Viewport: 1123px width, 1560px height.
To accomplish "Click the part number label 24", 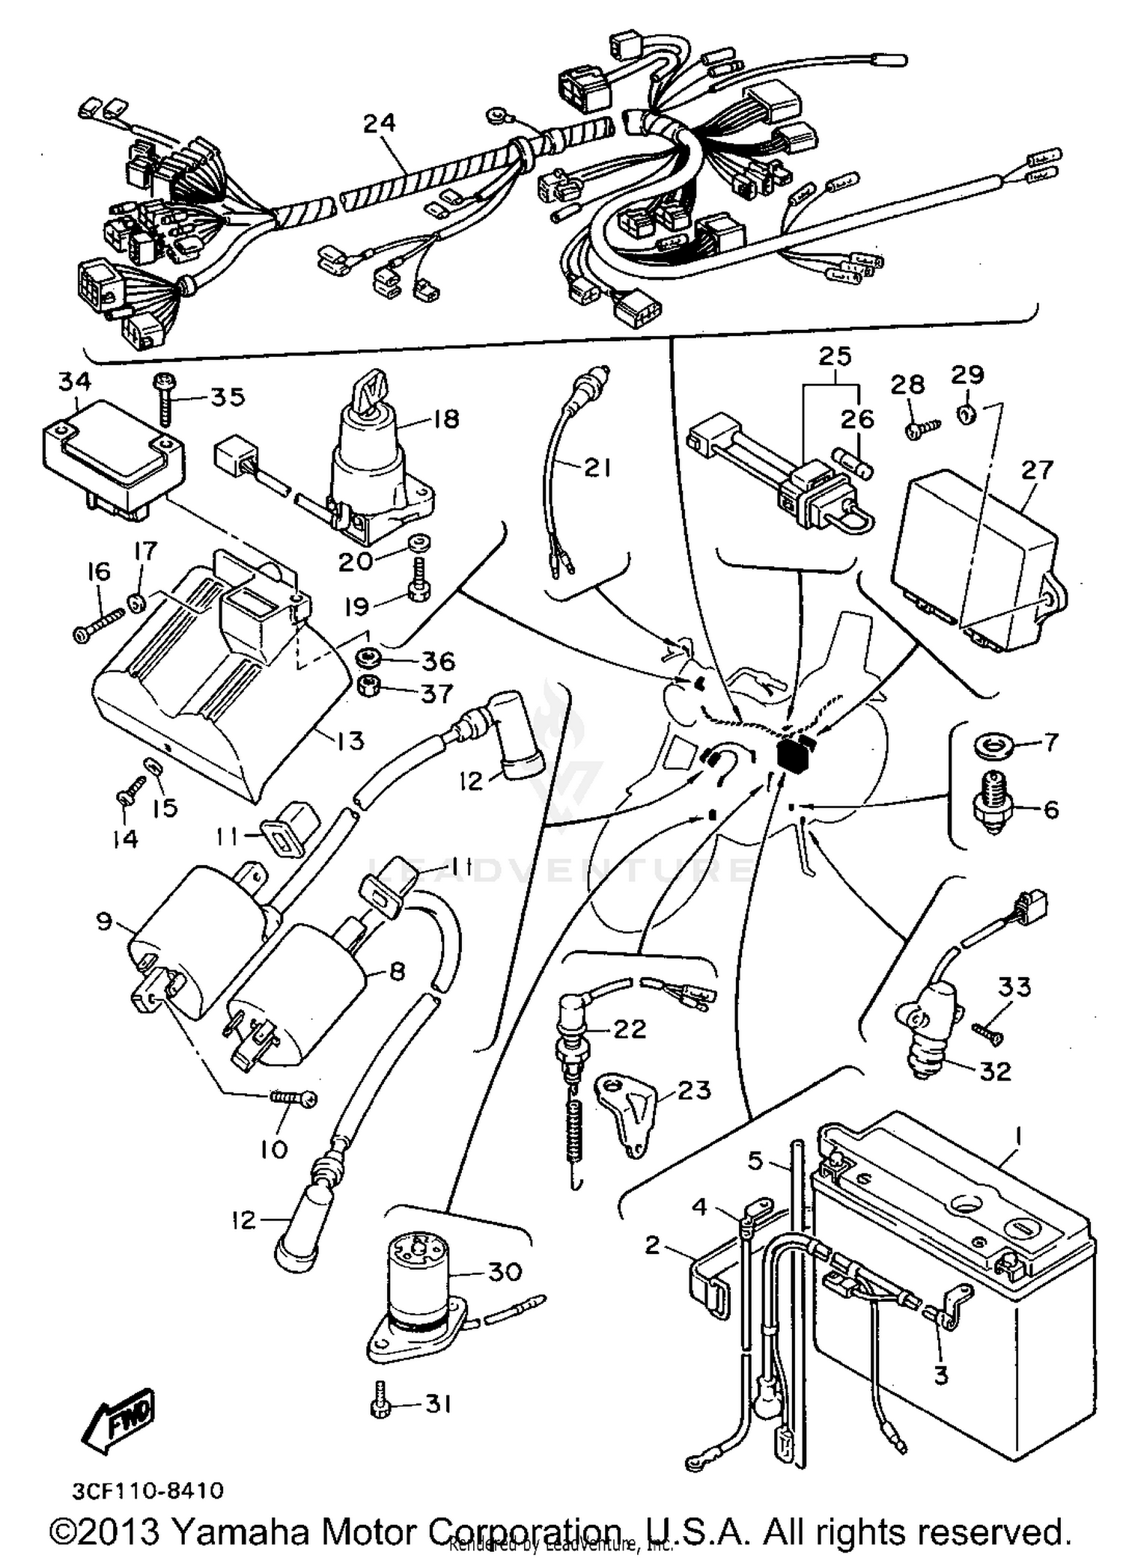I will point(379,123).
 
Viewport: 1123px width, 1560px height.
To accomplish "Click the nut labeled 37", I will point(368,686).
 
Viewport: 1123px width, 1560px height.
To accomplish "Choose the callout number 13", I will point(348,741).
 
